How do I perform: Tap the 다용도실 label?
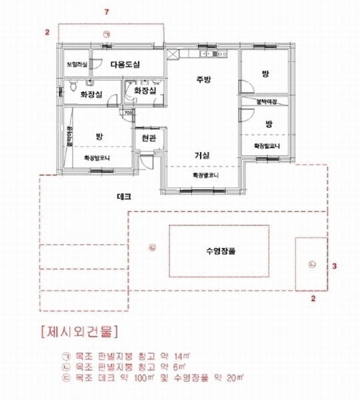[x=124, y=65]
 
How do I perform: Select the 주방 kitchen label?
[x=203, y=79]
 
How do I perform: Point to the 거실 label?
[x=202, y=155]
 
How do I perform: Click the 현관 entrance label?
[x=148, y=139]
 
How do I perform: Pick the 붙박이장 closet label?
[x=267, y=101]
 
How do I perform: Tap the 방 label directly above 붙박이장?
[x=267, y=75]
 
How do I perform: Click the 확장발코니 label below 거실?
[x=205, y=175]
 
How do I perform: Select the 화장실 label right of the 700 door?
[x=145, y=90]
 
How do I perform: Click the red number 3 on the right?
[x=335, y=265]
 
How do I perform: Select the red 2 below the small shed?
[x=313, y=299]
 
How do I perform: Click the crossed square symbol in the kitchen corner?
[x=173, y=55]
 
